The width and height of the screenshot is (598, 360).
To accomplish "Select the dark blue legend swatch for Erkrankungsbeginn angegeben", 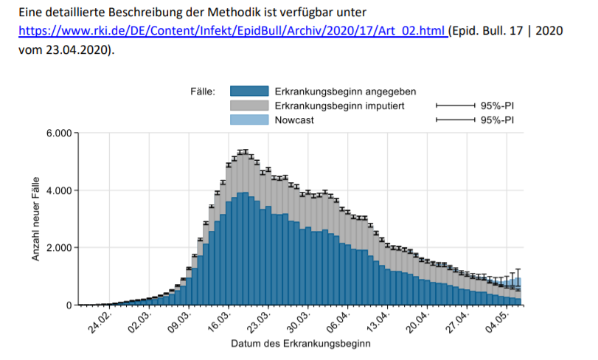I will pos(248,91).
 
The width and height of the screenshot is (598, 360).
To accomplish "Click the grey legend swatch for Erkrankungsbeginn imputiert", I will pos(248,105).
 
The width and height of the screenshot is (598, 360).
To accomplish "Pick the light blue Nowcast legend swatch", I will pos(248,120).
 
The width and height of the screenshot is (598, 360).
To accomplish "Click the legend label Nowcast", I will pos(294,120).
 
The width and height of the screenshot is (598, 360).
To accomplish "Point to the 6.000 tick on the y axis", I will pos(58,134).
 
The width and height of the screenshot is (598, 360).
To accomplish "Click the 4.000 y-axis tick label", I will pos(58,190).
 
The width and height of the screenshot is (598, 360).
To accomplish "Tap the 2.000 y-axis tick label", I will pos(58,248).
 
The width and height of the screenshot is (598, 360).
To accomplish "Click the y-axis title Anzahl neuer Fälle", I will pos(35,219).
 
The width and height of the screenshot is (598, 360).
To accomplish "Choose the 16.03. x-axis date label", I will pos(220,322).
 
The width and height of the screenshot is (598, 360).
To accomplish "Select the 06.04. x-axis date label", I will pos(340,322).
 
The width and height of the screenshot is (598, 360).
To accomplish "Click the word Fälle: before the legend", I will pos(202,92).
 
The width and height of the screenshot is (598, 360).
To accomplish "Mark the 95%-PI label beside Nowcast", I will pos(497,120).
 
